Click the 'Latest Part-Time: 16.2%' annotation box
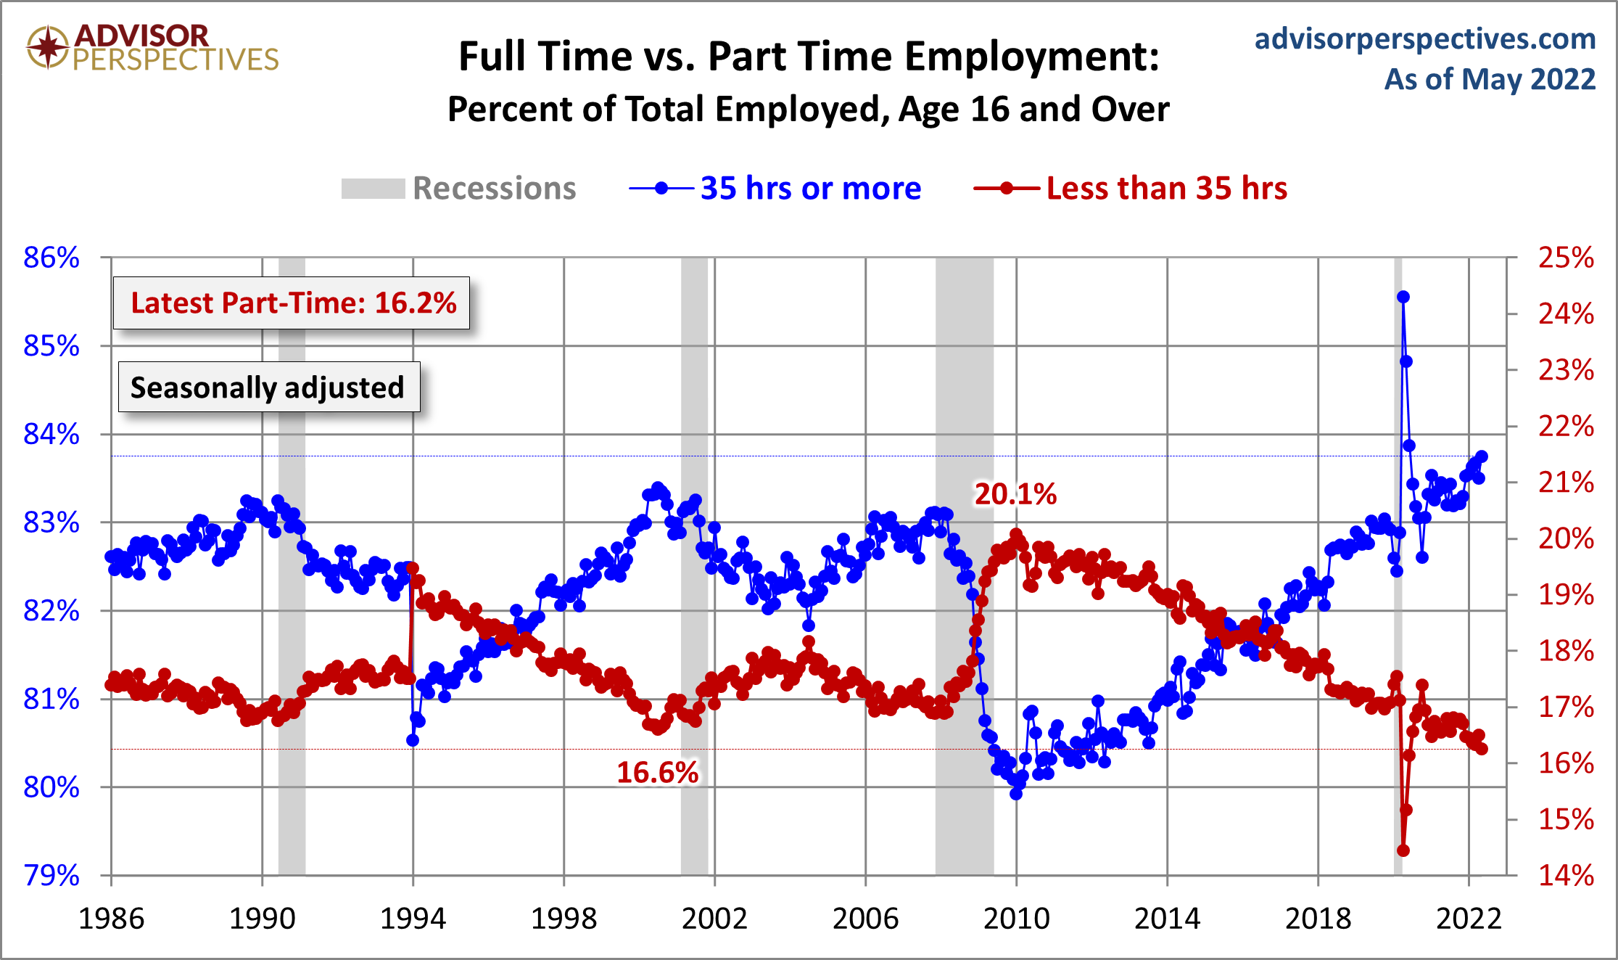(x=292, y=303)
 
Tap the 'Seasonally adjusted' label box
(x=268, y=387)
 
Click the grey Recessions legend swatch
(x=373, y=189)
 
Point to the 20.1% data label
(x=1015, y=494)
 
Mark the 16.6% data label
(x=657, y=772)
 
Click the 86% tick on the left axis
(x=51, y=258)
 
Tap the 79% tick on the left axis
(x=51, y=875)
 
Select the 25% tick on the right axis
(x=1566, y=258)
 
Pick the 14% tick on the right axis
(x=1566, y=875)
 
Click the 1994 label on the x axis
(x=413, y=919)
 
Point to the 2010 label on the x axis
(x=1016, y=919)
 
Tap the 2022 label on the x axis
(x=1469, y=919)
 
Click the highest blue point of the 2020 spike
(x=1403, y=297)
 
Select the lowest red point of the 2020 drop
(x=1403, y=850)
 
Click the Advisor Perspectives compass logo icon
(x=48, y=47)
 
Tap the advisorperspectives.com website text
(x=1424, y=38)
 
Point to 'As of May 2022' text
(x=1490, y=79)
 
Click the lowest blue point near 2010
(x=1016, y=794)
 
